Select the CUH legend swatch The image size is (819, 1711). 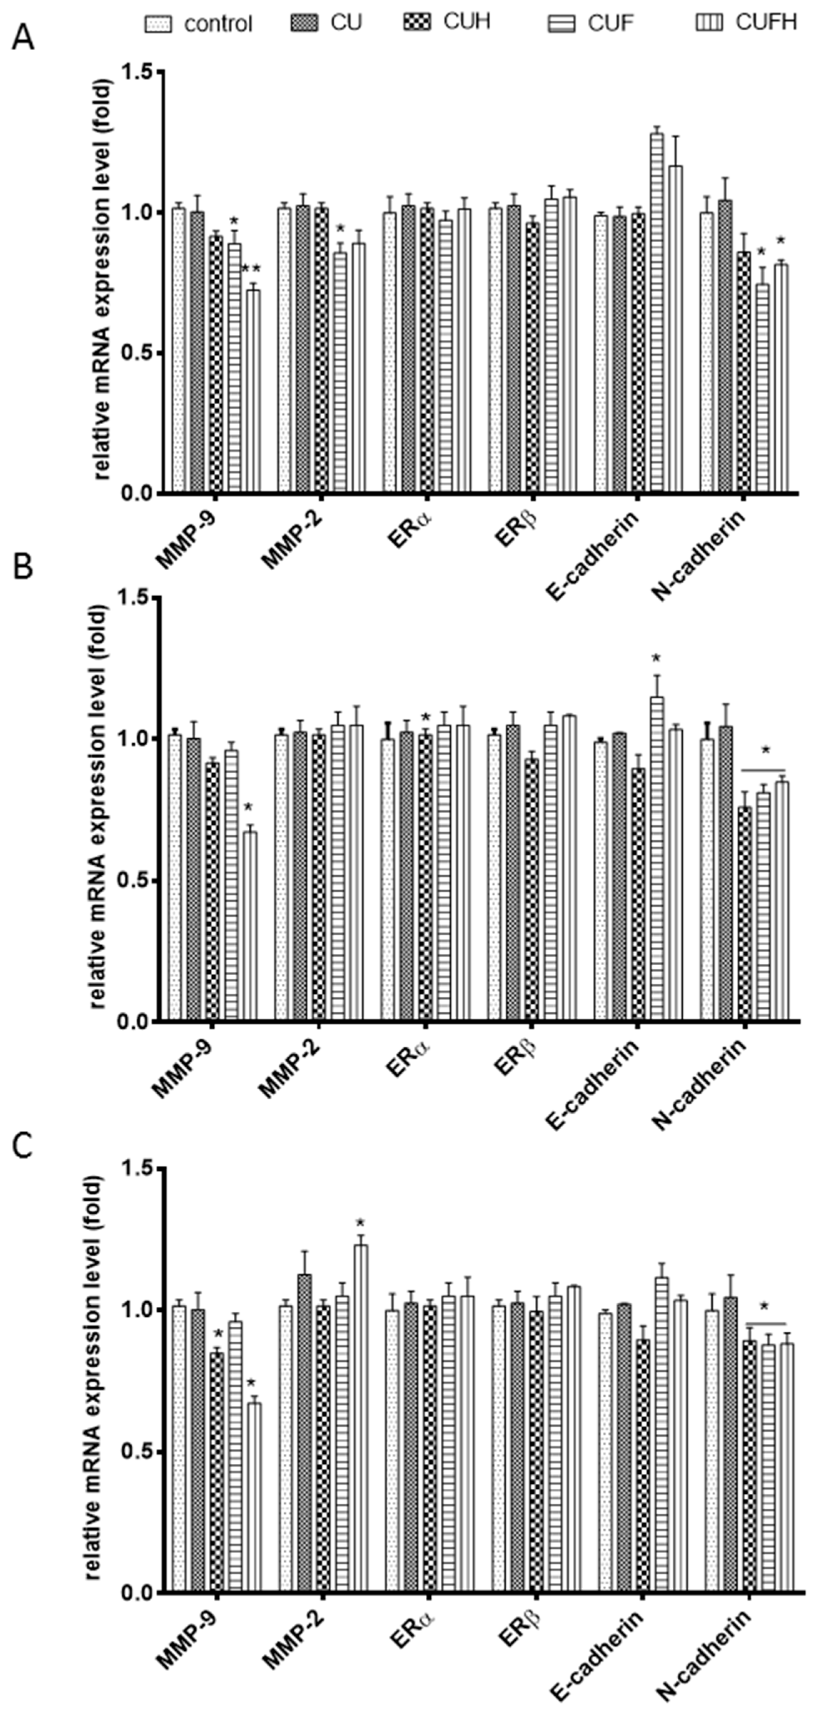click(416, 22)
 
